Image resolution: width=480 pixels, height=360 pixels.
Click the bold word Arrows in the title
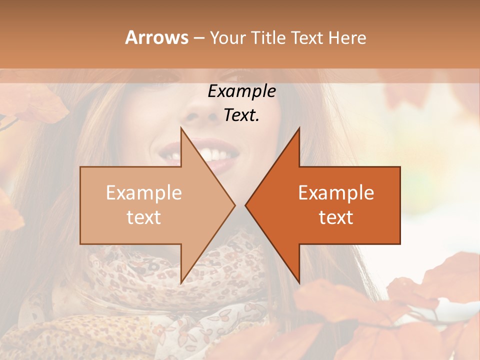click(x=156, y=37)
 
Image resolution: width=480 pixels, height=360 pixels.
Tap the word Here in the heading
click(x=347, y=38)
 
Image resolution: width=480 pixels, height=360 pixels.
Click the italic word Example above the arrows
click(x=241, y=92)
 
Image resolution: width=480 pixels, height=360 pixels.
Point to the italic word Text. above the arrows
click(x=241, y=115)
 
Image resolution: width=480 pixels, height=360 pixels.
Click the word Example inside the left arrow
click(x=143, y=193)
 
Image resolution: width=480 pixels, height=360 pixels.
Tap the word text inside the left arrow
click(x=143, y=217)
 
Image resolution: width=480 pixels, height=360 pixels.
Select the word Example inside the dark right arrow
click(x=336, y=193)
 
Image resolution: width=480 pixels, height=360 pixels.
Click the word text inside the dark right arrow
click(x=336, y=217)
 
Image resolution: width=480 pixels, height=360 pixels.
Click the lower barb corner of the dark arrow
click(x=299, y=282)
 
